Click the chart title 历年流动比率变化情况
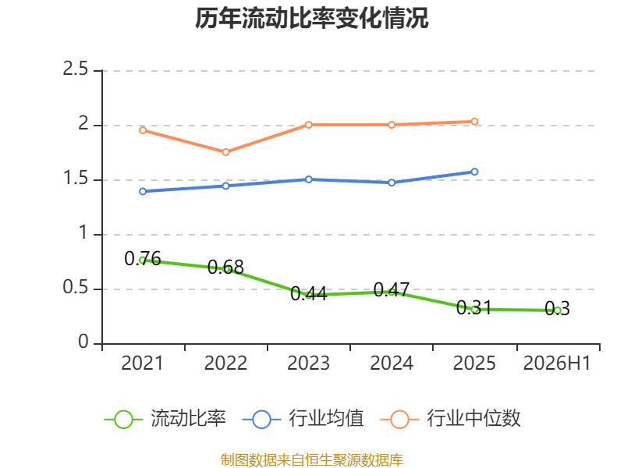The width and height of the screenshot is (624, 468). (311, 19)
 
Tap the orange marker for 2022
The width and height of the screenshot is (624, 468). (225, 152)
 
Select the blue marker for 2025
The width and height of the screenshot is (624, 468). (474, 172)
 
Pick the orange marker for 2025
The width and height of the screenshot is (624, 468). (474, 122)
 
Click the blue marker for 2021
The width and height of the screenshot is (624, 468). (143, 191)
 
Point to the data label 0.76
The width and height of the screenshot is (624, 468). (143, 259)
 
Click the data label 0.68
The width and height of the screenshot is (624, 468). (225, 267)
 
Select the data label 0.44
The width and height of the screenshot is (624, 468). (308, 294)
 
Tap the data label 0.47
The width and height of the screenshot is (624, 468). (392, 289)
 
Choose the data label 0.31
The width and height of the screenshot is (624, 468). (474, 307)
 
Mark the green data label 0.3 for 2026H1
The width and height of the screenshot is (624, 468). (557, 309)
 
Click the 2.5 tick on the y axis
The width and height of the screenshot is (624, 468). (75, 69)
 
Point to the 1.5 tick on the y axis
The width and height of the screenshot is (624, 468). (75, 179)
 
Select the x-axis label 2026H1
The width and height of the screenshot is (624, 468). (557, 363)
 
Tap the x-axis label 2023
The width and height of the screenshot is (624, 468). (308, 363)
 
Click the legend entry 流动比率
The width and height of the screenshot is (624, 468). (165, 419)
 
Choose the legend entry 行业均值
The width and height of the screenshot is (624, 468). (303, 419)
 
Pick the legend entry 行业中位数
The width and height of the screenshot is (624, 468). (451, 419)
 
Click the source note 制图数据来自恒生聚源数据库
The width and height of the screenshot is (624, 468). (312, 460)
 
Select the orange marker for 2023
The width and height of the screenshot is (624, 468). (308, 125)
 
